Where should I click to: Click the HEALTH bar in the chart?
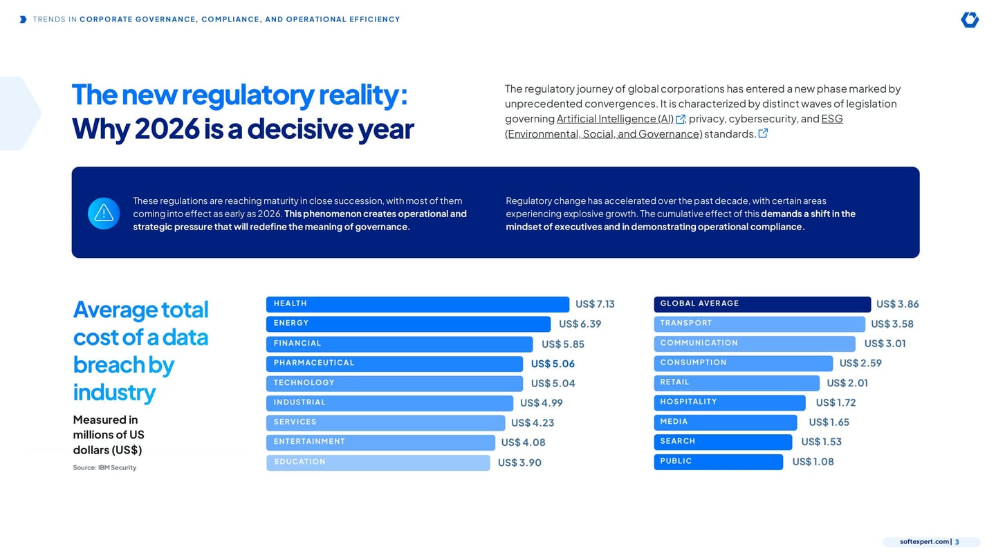click(418, 304)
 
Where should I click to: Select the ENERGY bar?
click(408, 324)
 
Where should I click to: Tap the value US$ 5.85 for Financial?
click(563, 344)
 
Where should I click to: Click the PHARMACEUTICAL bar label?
click(314, 363)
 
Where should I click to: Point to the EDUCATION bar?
click(378, 463)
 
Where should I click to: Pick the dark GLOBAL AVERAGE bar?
click(762, 304)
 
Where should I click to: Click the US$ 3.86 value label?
click(897, 304)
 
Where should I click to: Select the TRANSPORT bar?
click(759, 324)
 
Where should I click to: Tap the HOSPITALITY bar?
click(729, 402)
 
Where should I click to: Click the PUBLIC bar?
click(718, 462)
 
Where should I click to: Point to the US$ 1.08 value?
click(813, 462)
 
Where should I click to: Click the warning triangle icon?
click(104, 214)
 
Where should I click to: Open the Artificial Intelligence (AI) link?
click(615, 119)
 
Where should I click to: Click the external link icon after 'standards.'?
click(763, 133)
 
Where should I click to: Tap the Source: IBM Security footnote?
click(104, 467)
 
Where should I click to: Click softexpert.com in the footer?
click(924, 542)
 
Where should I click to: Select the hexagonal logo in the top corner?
click(969, 19)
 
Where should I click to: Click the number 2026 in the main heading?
click(167, 129)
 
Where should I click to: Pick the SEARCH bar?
click(723, 442)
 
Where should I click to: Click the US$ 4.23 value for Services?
click(533, 422)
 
